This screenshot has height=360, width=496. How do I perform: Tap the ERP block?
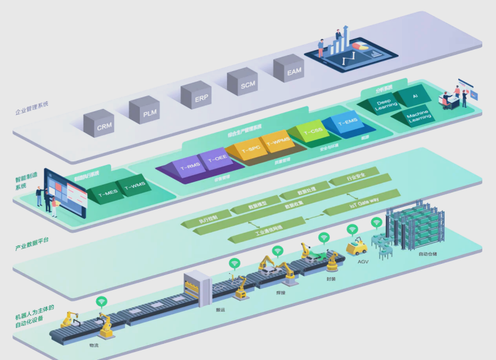(x=195, y=96)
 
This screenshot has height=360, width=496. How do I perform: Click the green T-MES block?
(x=108, y=193)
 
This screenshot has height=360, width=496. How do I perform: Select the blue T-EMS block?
(x=347, y=124)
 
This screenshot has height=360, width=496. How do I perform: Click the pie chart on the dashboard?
(x=360, y=45)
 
